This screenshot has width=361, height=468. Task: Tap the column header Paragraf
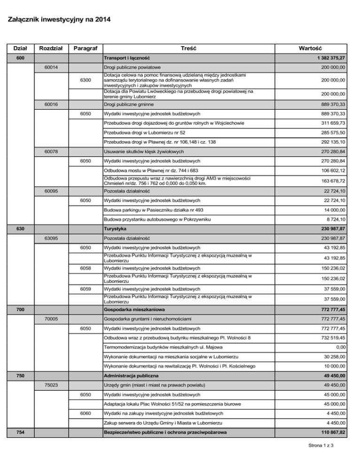click(x=85, y=48)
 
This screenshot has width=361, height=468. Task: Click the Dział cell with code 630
click(x=18, y=228)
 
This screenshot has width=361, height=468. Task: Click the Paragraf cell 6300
click(x=85, y=81)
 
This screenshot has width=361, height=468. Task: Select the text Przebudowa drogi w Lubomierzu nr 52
click(x=144, y=133)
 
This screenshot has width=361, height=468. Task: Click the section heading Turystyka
click(x=116, y=228)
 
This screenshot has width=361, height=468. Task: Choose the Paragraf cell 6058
click(x=85, y=268)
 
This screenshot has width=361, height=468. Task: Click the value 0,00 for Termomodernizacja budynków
click(x=339, y=347)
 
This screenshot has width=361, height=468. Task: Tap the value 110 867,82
click(x=328, y=433)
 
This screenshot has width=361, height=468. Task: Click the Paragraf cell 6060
click(x=85, y=413)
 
